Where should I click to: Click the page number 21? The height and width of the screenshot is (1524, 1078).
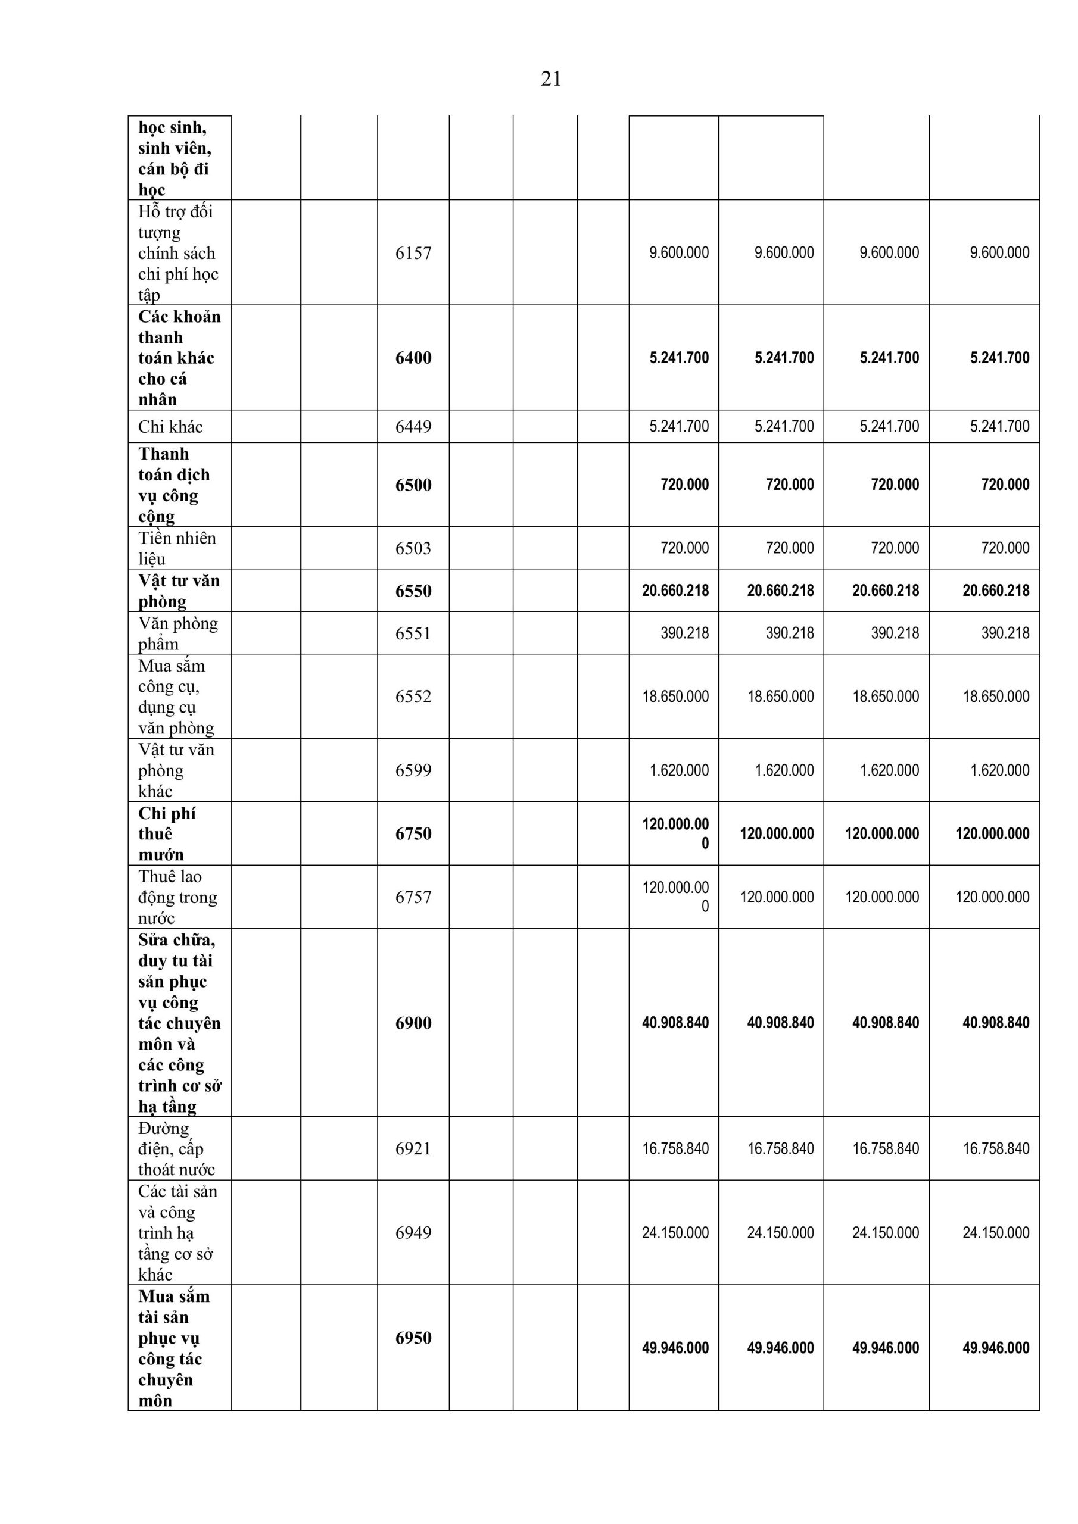[x=551, y=79]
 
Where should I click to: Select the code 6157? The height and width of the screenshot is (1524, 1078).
[x=413, y=253]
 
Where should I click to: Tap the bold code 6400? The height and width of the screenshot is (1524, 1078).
[x=413, y=358]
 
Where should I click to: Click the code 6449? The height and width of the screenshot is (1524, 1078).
[x=413, y=427]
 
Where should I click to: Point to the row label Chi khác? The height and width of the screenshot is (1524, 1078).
[x=170, y=427]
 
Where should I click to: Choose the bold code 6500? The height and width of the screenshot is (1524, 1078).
[x=413, y=485]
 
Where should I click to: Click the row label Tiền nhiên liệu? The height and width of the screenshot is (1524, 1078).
[x=177, y=548]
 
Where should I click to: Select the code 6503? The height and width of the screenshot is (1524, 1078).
[x=413, y=548]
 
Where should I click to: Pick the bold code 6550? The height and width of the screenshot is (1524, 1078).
[x=413, y=591]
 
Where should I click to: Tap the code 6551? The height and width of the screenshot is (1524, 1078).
[x=413, y=633]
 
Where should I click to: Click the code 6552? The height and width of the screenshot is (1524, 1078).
[x=413, y=697]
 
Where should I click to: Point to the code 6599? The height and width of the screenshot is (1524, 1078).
[x=413, y=770]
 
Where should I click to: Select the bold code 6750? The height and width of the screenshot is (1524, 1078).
[x=413, y=833]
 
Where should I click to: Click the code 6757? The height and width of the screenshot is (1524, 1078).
[x=413, y=897]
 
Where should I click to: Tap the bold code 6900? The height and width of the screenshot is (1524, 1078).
[x=413, y=1023]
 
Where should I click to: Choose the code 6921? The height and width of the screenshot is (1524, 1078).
[x=413, y=1149]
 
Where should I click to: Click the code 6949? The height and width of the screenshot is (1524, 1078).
[x=413, y=1233]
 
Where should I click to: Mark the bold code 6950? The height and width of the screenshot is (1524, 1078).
[x=413, y=1338]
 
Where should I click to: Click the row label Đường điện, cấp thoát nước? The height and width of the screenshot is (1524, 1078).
[x=176, y=1149]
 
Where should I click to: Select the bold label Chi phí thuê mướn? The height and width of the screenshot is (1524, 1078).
[x=167, y=833]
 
